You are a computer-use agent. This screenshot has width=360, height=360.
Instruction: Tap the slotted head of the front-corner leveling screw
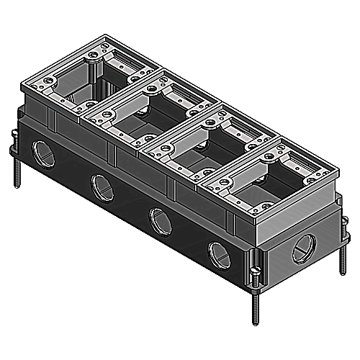pyautogui.click(x=256, y=272)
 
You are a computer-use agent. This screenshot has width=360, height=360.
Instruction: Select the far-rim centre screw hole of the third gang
pyautogui.click(x=209, y=120)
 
